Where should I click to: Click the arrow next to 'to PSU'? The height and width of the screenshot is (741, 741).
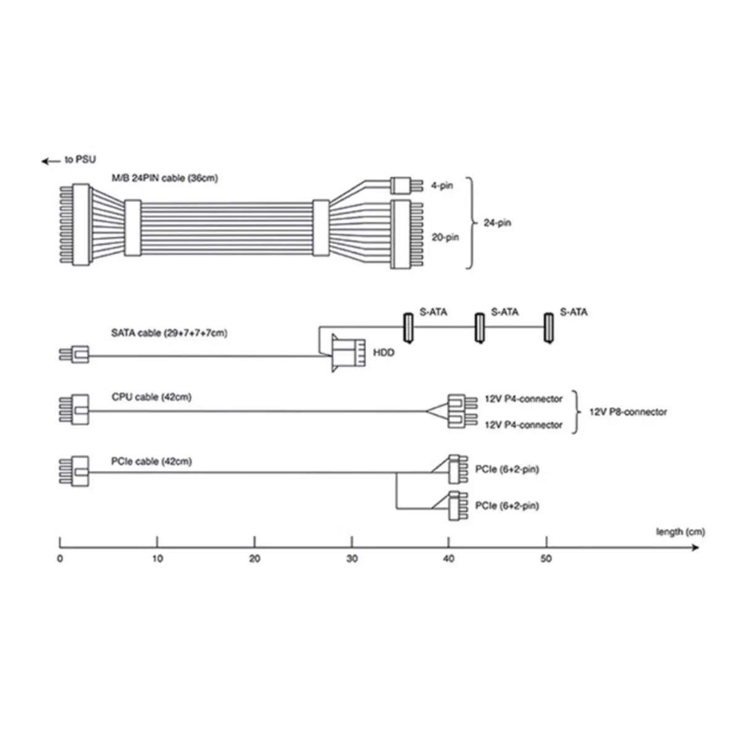click(x=51, y=161)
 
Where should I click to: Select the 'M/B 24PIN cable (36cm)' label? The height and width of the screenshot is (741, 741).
click(x=165, y=178)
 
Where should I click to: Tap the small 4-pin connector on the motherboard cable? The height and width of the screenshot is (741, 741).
click(x=406, y=185)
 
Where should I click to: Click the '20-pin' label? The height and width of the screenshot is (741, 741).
click(x=445, y=237)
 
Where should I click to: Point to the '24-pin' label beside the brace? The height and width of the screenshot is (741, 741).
click(x=497, y=223)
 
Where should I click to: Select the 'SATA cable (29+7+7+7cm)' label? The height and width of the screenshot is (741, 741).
click(x=169, y=333)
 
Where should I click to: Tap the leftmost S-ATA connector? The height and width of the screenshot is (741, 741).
click(x=408, y=328)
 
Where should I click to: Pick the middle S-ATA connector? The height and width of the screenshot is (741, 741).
click(x=479, y=328)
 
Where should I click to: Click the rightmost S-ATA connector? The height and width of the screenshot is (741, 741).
click(x=548, y=328)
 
